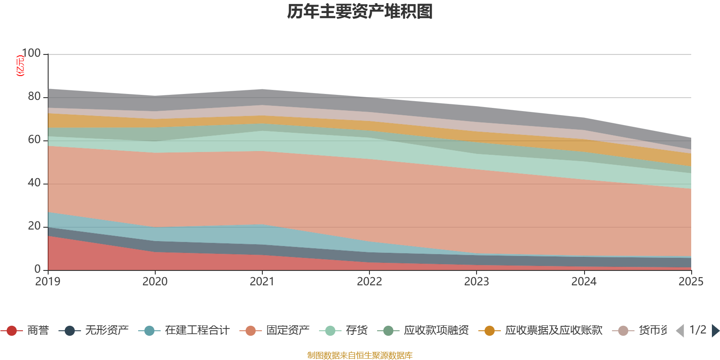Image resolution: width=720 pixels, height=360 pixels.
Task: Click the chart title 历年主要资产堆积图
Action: pos(360,12)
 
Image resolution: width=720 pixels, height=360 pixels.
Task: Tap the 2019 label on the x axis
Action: pos(48,282)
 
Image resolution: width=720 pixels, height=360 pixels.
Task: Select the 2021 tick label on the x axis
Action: pos(262,282)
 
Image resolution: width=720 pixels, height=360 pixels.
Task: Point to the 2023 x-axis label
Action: pos(477,282)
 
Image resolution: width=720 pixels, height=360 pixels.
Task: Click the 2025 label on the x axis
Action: pos(691,282)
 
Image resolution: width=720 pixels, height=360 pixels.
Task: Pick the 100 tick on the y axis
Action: pos(31,54)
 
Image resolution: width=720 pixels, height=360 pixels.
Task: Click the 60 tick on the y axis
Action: pos(34,140)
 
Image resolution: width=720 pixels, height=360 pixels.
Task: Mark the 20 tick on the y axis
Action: pos(34,226)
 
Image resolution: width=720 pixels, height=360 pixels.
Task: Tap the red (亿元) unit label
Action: pos(20,66)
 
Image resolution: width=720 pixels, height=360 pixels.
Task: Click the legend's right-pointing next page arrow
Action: pos(715,331)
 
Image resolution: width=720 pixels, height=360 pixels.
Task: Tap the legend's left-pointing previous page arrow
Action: pos(680,331)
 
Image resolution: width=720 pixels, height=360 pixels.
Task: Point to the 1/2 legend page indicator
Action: pos(698,330)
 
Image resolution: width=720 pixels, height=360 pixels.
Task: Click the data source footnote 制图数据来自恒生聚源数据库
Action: pos(360,355)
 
